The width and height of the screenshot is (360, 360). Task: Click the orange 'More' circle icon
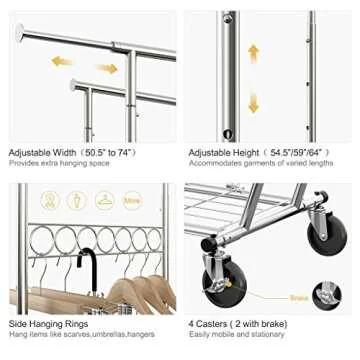pos(133,201)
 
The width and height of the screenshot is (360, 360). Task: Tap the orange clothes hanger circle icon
pos(104,201)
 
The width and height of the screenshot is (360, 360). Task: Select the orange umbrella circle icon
pos(76,201)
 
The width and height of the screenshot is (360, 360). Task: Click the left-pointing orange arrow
pos(63,61)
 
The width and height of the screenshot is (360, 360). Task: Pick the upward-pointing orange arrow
pos(254,52)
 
